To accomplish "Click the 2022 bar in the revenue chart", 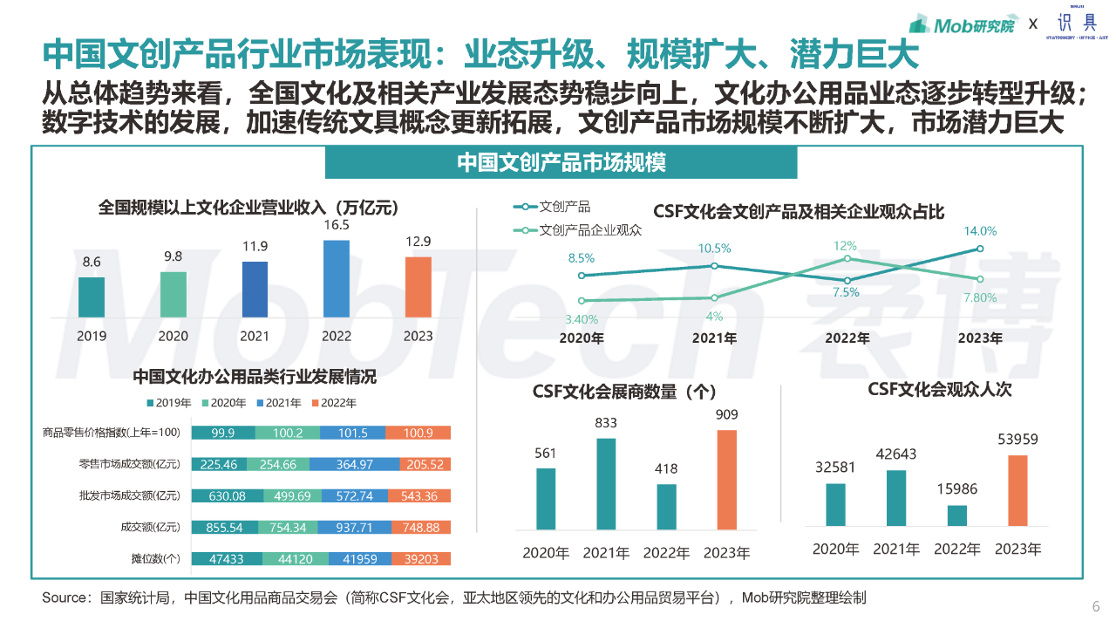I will [x=337, y=278].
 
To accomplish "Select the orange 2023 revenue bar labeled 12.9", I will [x=418, y=286].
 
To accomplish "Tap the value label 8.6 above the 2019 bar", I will [x=92, y=262].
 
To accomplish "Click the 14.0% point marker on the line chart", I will [x=980, y=249].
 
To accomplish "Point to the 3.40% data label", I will [x=581, y=319].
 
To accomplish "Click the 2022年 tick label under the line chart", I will [x=847, y=338].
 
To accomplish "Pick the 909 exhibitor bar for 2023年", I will [x=727, y=479].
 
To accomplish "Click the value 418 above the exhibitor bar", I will [x=666, y=468].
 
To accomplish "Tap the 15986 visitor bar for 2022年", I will [x=957, y=515].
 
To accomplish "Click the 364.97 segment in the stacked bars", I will [x=352, y=465].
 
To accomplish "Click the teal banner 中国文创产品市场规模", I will [x=561, y=162].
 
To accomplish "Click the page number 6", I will [x=1096, y=607].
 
